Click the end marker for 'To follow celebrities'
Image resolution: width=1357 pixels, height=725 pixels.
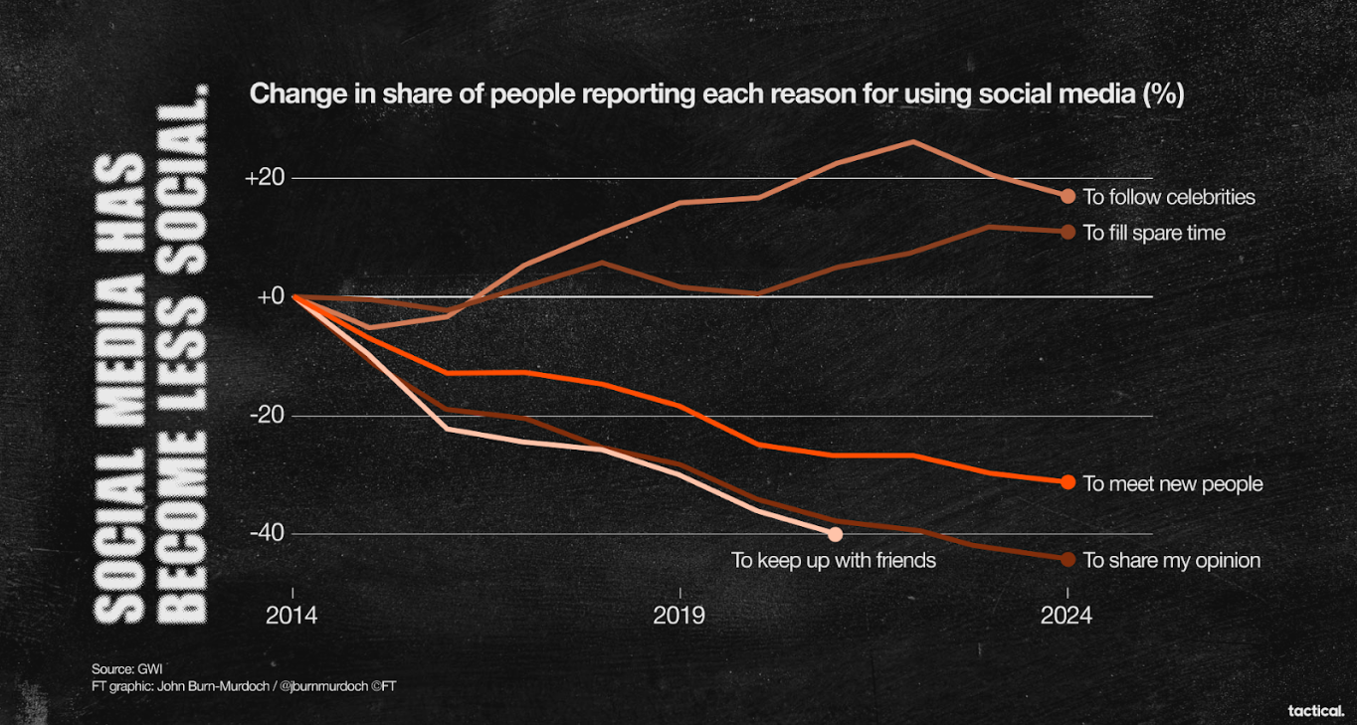1068,196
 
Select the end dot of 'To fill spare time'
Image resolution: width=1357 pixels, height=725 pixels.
1068,232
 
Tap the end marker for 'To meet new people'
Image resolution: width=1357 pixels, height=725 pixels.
1068,482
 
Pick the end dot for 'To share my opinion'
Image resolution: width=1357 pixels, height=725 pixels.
1068,559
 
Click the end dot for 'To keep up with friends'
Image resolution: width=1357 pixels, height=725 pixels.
836,535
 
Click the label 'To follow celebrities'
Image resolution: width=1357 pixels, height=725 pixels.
1169,197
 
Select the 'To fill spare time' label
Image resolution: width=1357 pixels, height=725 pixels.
1154,233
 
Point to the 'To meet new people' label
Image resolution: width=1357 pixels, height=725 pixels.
1173,484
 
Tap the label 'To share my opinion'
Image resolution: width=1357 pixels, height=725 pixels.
1171,561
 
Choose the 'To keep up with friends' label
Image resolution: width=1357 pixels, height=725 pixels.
834,561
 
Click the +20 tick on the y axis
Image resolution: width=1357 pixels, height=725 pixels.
265,178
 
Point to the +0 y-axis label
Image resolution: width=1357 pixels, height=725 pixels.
270,296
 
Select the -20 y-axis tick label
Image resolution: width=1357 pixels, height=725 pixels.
266,416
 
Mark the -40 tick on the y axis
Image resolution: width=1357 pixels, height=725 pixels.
266,534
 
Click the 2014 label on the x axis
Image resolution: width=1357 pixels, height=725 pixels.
291,617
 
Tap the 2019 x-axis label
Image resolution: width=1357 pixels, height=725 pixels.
679,617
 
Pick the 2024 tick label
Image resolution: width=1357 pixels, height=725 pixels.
1066,617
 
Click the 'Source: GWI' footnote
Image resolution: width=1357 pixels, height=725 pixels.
127,668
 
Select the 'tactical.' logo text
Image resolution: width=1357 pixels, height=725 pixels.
1315,710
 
